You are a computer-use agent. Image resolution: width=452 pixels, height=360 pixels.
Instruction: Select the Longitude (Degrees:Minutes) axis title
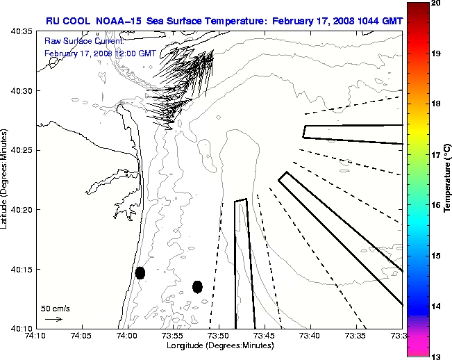click(218, 346)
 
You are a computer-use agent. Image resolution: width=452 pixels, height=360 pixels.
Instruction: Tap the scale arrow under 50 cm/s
click(53, 319)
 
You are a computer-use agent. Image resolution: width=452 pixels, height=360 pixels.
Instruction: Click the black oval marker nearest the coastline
click(140, 272)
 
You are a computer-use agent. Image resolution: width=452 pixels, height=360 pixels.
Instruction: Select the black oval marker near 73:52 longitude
click(197, 286)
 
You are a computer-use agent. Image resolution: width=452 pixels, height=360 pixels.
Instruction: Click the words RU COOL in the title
click(67, 21)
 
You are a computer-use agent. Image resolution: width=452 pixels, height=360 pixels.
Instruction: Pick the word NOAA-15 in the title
click(117, 21)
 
